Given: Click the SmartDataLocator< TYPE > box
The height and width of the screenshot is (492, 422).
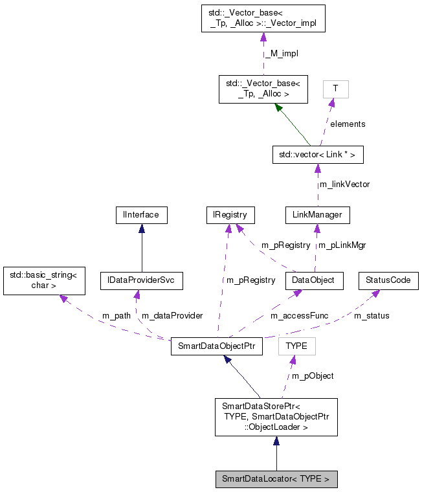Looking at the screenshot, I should (x=276, y=480).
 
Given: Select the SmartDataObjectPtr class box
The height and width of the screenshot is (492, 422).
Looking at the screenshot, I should (x=216, y=346).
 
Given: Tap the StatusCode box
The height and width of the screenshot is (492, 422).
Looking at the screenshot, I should (x=388, y=280).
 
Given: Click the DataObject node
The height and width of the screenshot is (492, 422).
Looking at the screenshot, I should (x=314, y=280).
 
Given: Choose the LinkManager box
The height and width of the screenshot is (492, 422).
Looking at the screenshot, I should (x=317, y=215).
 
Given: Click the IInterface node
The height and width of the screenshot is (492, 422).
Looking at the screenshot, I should (x=141, y=215).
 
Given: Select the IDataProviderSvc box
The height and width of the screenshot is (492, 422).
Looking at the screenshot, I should (x=141, y=280).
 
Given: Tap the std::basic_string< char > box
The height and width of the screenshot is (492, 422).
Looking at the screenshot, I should (x=43, y=280).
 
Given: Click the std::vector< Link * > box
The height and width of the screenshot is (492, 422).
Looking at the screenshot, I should (x=317, y=155).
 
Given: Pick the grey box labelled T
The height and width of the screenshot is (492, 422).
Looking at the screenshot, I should (x=335, y=89).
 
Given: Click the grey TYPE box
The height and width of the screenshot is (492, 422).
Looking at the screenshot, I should (x=296, y=346).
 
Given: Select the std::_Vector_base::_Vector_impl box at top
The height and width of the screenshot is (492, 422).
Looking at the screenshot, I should (x=263, y=18).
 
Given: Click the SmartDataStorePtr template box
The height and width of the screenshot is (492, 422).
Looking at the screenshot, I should (x=276, y=416).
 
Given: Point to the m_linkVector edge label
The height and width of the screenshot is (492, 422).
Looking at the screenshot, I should (x=344, y=184).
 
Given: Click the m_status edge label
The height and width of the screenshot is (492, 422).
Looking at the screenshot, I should (x=372, y=316).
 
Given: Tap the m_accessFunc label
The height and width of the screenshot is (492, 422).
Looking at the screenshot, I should (x=299, y=316).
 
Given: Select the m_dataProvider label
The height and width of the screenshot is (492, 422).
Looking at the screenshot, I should (x=172, y=316).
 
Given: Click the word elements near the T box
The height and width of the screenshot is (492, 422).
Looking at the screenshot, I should (x=348, y=124).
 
